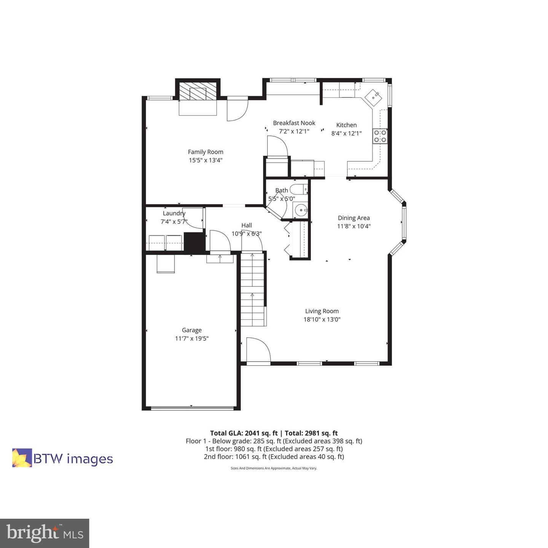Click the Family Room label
tap(205, 152)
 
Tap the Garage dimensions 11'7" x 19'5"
tap(192, 339)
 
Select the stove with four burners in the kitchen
tap(380, 136)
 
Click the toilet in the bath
tap(299, 189)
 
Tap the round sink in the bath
tap(301, 210)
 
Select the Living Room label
tap(322, 311)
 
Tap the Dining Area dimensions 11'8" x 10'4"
tap(354, 226)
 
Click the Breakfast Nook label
tap(294, 123)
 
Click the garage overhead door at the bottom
tap(192, 408)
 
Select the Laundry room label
tap(174, 213)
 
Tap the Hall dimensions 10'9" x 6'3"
tap(247, 234)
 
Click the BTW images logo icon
tap(22, 458)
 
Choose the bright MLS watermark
tap(45, 534)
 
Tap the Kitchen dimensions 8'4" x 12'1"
tap(346, 134)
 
